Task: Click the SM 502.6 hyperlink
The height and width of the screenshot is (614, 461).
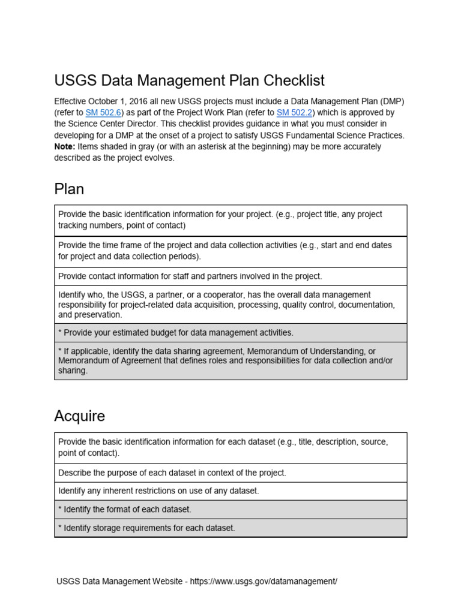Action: pyautogui.click(x=104, y=113)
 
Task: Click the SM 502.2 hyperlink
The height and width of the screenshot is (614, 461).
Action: pyautogui.click(x=295, y=113)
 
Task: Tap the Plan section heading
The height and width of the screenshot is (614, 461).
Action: pyautogui.click(x=69, y=189)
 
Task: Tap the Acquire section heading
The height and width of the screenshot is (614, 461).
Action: pyautogui.click(x=79, y=416)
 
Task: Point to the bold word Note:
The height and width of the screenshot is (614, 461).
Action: pyautogui.click(x=65, y=147)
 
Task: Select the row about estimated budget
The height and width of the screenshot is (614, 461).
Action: pyautogui.click(x=230, y=333)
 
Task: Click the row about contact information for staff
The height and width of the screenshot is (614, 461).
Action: pyautogui.click(x=230, y=276)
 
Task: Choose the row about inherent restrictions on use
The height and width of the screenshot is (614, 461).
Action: pyautogui.click(x=230, y=491)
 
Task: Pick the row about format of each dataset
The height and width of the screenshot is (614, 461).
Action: pyautogui.click(x=230, y=510)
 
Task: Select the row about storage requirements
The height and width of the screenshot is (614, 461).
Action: pyautogui.click(x=230, y=528)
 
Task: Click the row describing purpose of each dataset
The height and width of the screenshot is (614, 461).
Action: pyautogui.click(x=230, y=472)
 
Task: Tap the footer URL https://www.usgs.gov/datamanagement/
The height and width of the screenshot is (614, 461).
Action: pyautogui.click(x=264, y=582)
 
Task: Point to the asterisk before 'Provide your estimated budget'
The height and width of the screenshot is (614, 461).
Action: pyautogui.click(x=60, y=332)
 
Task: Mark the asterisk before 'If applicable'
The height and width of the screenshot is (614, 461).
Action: pyautogui.click(x=60, y=351)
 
